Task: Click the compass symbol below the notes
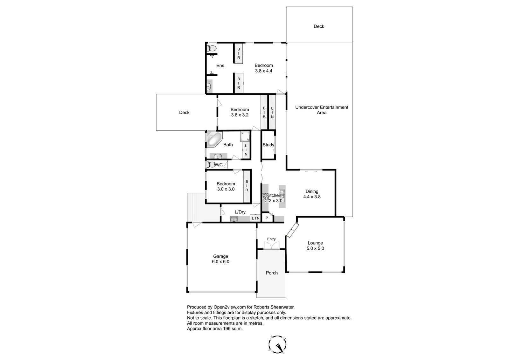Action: coord(277,344)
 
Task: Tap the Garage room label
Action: coord(220,256)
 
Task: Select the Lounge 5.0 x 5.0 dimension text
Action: coord(315,248)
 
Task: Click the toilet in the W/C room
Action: coord(211,165)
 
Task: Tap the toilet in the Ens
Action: coord(212,48)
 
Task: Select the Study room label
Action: coord(268,145)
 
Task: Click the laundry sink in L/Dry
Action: coord(234,219)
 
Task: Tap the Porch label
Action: coord(272,273)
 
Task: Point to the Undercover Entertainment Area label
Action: coord(322,110)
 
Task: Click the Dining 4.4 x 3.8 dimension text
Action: coord(312,197)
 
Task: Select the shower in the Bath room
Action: coord(245,136)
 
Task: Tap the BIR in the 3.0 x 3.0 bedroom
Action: coord(247,186)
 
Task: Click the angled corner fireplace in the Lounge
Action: coord(293,230)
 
